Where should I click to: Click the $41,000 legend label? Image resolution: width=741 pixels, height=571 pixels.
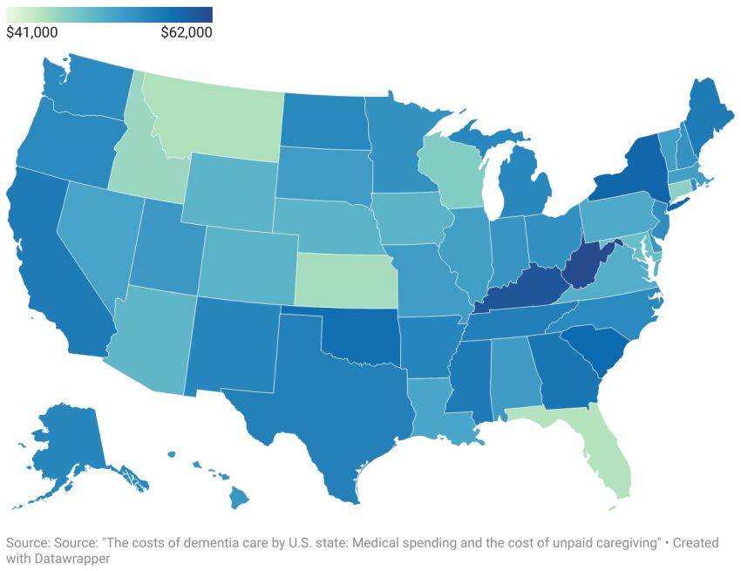tap(32, 32)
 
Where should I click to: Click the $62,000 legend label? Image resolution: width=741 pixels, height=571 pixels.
tap(186, 32)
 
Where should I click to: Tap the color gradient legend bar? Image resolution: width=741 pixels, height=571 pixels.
tap(109, 14)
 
